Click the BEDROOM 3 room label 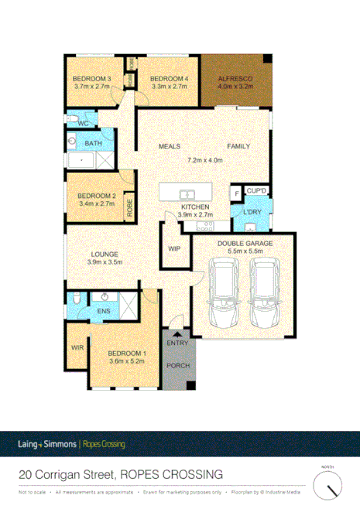click(x=92, y=79)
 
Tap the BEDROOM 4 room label click(x=169, y=79)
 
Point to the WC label click(x=83, y=124)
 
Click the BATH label click(x=94, y=144)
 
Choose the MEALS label click(x=170, y=146)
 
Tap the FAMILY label click(x=238, y=146)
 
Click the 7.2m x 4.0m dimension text click(x=205, y=160)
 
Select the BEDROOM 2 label click(x=97, y=196)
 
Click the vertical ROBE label click(x=130, y=207)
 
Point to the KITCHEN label click(x=194, y=208)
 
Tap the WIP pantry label click(x=174, y=248)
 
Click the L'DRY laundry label click(x=252, y=212)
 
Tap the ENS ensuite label click(x=103, y=311)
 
